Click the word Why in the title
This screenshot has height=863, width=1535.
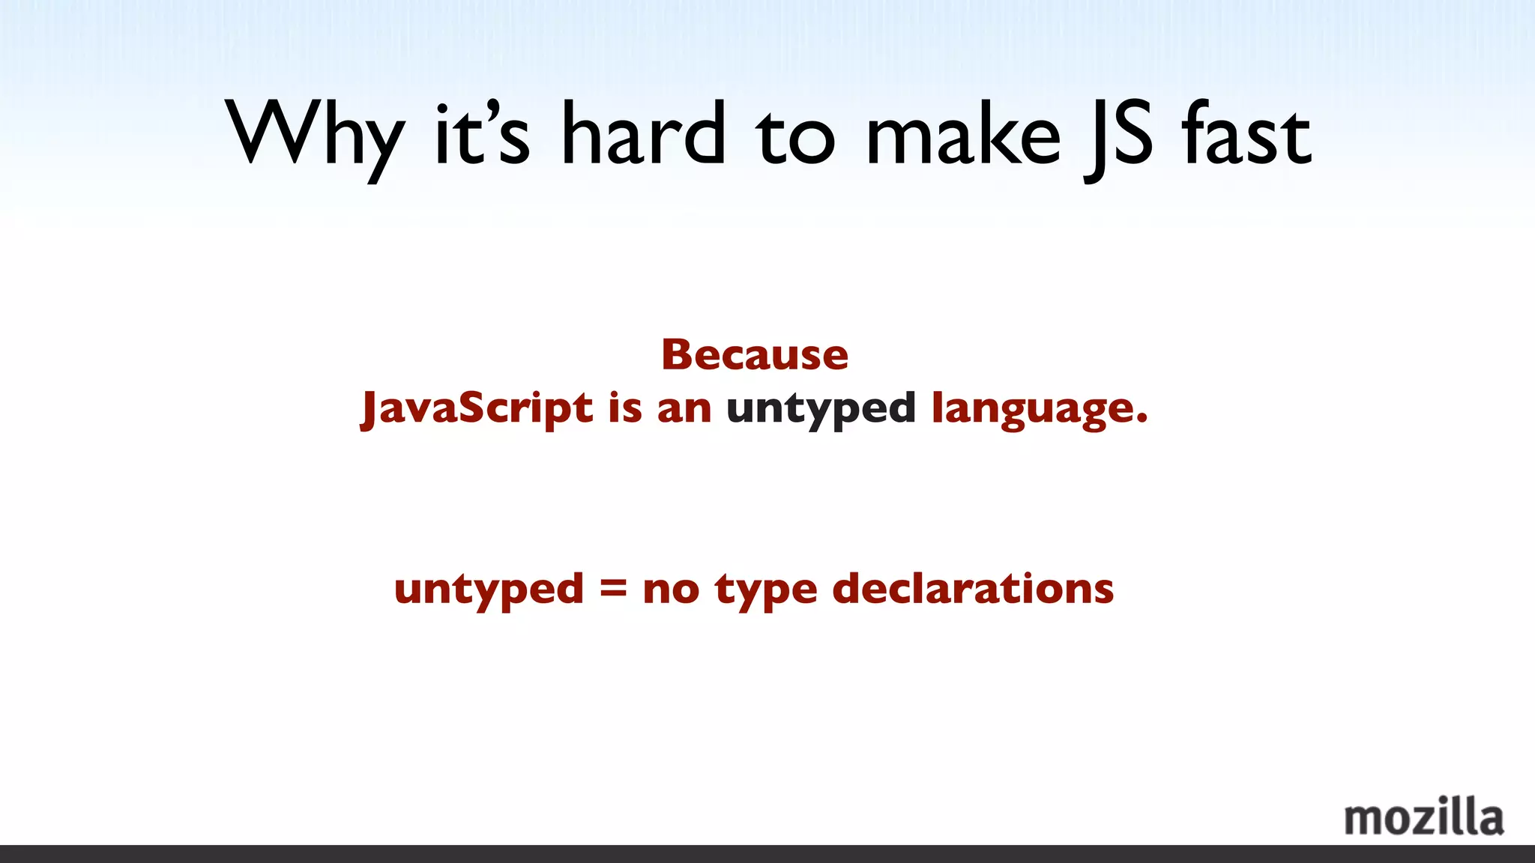[x=315, y=135]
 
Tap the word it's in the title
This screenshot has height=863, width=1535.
[x=482, y=135]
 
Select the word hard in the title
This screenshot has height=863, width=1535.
[x=644, y=135]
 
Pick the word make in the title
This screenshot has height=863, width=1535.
[x=963, y=135]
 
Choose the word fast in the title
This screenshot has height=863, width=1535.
[x=1246, y=135]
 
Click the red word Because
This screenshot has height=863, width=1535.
[x=755, y=354]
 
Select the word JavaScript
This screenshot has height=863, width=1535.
[x=477, y=409]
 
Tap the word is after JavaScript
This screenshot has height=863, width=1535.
[x=625, y=408]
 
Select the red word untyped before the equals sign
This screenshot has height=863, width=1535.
[x=489, y=590]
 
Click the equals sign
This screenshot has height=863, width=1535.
[x=613, y=588]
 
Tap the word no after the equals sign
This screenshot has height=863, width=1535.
[x=671, y=590]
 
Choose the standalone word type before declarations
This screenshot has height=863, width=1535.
[x=766, y=590]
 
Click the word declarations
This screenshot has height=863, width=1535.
[x=973, y=588]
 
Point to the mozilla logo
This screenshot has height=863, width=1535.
[x=1423, y=817]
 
